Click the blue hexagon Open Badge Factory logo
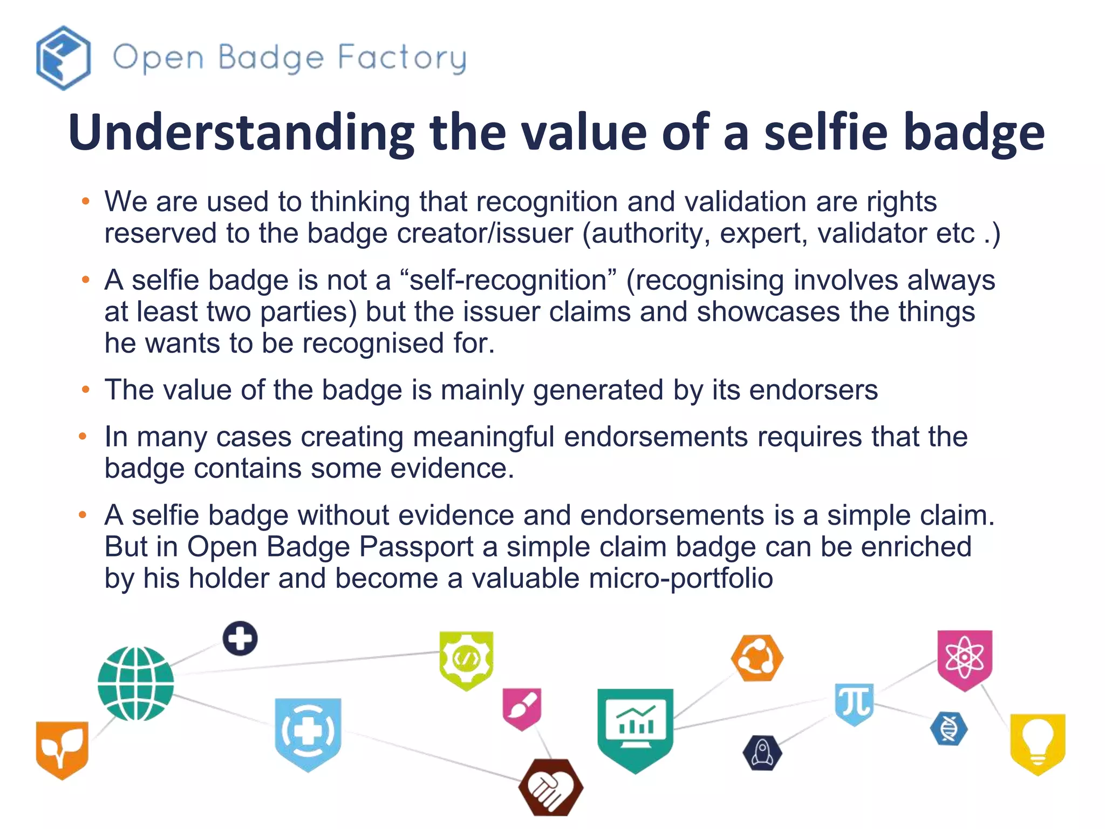[x=63, y=58]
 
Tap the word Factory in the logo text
[x=402, y=58]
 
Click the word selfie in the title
[x=826, y=133]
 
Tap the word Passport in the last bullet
[x=416, y=547]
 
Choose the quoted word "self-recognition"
[x=508, y=280]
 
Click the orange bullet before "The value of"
[x=85, y=390]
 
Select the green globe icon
[x=135, y=684]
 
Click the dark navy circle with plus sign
[x=240, y=638]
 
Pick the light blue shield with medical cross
[x=308, y=733]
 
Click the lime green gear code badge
[x=466, y=660]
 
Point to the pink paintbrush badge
[x=522, y=708]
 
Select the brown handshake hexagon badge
[x=550, y=787]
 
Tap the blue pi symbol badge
[x=854, y=703]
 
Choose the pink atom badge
[x=964, y=658]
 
